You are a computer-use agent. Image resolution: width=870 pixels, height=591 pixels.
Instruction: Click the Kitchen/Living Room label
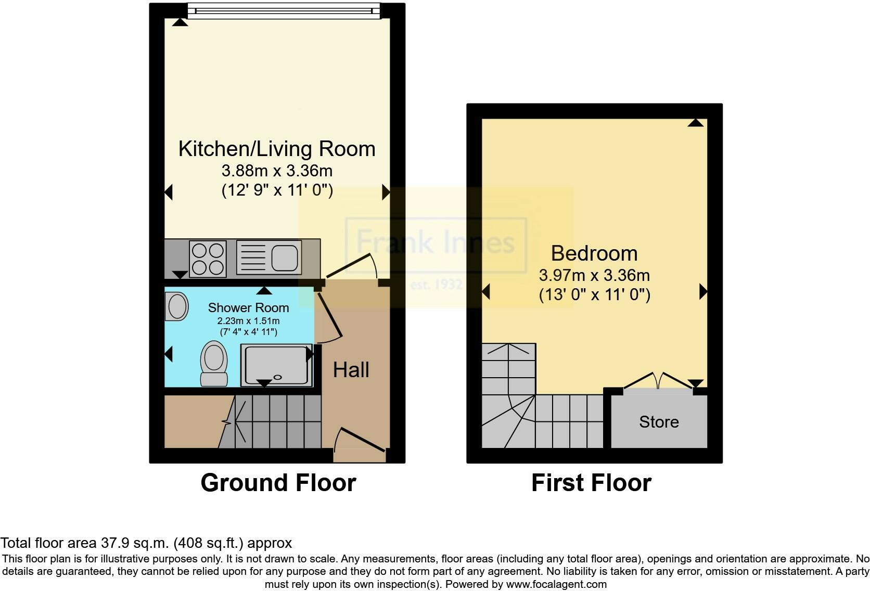coord(277,149)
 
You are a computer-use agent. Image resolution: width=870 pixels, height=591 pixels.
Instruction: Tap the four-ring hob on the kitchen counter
coord(208,259)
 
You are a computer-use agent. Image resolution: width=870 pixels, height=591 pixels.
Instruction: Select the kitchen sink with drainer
coord(269,257)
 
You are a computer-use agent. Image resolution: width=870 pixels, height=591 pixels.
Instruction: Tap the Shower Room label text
coord(248,308)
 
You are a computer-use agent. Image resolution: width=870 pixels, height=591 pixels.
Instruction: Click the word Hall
coord(351,370)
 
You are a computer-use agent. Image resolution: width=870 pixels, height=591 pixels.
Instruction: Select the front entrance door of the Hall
coord(360,440)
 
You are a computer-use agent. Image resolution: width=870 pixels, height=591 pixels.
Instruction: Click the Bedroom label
coord(594,253)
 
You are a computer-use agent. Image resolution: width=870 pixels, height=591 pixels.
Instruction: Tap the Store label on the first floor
coord(659,421)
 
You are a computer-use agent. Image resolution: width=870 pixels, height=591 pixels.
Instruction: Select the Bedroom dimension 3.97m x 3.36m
coord(594,275)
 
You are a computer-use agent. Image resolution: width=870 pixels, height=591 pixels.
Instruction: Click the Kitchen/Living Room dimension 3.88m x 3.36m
coord(277,171)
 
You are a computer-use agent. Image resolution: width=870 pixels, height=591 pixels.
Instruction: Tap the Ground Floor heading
coord(278,483)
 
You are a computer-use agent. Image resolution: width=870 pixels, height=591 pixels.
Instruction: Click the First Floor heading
coord(591,483)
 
